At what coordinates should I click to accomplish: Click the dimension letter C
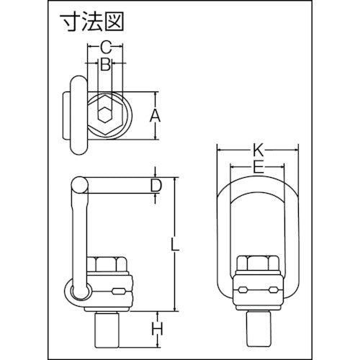pyautogui.click(x=105, y=48)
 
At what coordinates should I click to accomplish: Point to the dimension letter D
pyautogui.click(x=154, y=186)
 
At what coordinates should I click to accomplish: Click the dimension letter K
pyautogui.click(x=258, y=151)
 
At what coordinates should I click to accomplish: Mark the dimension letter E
pyautogui.click(x=258, y=168)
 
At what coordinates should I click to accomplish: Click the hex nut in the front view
pyautogui.click(x=258, y=263)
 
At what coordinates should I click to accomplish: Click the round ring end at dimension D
pyautogui.click(x=78, y=186)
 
